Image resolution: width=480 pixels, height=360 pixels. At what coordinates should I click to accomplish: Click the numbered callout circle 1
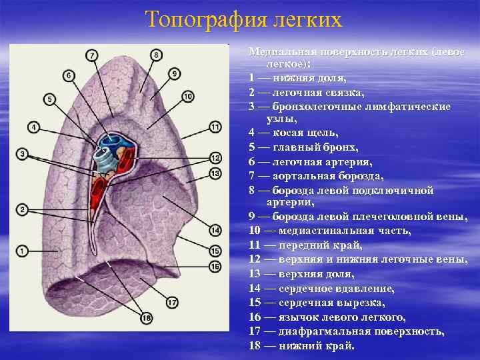click(x=22, y=251)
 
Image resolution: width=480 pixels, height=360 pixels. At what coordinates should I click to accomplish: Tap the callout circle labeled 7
click(x=92, y=55)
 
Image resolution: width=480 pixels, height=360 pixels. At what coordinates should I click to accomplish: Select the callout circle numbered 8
click(x=156, y=55)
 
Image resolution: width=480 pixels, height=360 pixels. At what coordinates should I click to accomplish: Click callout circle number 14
click(x=215, y=231)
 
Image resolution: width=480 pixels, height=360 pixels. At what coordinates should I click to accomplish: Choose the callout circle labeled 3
click(x=22, y=154)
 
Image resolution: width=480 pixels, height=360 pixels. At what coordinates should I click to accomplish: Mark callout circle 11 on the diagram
click(x=215, y=126)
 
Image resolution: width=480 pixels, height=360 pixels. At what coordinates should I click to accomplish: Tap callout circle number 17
click(x=171, y=303)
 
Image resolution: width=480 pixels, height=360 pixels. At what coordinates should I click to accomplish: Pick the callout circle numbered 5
click(x=50, y=99)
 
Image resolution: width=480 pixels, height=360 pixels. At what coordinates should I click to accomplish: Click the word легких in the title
click(x=308, y=19)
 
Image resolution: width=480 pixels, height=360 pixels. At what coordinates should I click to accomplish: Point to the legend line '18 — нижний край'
click(x=302, y=346)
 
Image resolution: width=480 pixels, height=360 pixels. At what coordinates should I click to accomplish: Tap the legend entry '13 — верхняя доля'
click(x=302, y=274)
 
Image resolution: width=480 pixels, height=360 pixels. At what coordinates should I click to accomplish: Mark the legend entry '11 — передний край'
click(x=305, y=245)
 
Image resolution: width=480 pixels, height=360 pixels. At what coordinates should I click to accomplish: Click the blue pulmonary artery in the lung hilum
click(x=109, y=142)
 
